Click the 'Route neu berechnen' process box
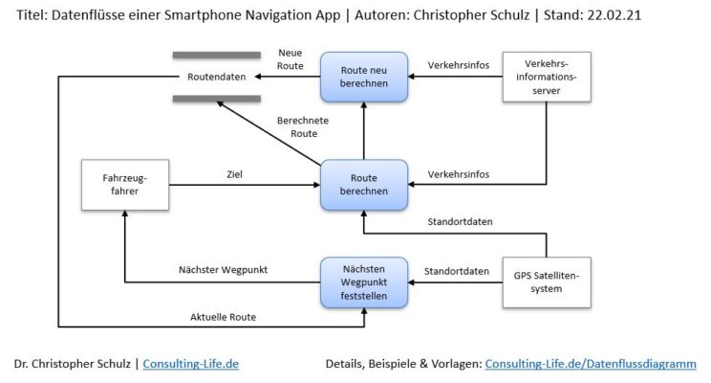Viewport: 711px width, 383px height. [x=364, y=78]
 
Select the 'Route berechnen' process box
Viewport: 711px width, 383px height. [x=364, y=184]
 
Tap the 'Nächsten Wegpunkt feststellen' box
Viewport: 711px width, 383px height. [x=364, y=283]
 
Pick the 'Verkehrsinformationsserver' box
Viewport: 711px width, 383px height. [x=545, y=78]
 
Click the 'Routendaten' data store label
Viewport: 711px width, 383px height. [x=216, y=77]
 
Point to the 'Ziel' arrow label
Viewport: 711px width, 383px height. [x=234, y=174]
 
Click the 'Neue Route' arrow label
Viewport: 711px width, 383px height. [x=290, y=59]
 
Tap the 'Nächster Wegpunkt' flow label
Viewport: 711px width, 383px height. [x=223, y=270]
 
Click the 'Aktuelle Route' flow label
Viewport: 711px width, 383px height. [x=223, y=316]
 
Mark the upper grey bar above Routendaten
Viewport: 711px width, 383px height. [x=216, y=54]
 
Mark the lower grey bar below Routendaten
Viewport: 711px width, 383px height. [x=216, y=99]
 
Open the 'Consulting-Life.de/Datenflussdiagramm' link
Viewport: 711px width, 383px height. [x=591, y=364]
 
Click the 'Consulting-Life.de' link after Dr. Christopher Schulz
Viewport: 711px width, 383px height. [x=190, y=364]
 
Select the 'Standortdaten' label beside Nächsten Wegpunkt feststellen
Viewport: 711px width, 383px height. [x=463, y=271]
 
